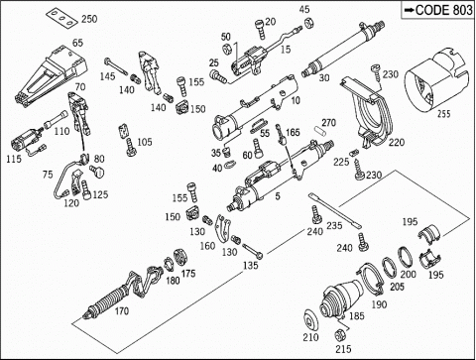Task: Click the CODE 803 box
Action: point(438,10)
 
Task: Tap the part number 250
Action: point(89,19)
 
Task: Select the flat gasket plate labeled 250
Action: point(61,18)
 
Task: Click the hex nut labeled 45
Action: point(308,22)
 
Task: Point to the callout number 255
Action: point(444,114)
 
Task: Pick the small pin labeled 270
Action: point(320,130)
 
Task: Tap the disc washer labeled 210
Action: point(311,320)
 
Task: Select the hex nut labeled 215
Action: point(338,335)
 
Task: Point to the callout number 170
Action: point(122,311)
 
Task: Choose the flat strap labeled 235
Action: point(335,210)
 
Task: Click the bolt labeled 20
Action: point(260,29)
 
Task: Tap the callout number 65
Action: point(77,43)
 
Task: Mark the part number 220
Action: point(397,143)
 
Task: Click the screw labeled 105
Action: point(131,148)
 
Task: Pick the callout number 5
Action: point(278,196)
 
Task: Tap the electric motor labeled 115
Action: point(27,141)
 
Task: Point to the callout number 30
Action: point(324,77)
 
